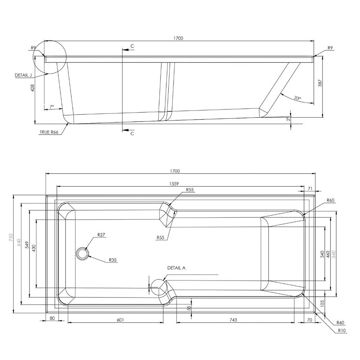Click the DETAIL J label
[23, 75]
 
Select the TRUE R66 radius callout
[49, 132]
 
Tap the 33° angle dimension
[298, 98]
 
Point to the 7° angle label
[52, 107]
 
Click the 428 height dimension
[33, 88]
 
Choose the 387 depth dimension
[320, 83]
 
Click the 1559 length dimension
[174, 184]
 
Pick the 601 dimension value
[120, 320]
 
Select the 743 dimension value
[233, 320]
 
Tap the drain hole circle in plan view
[82, 253]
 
